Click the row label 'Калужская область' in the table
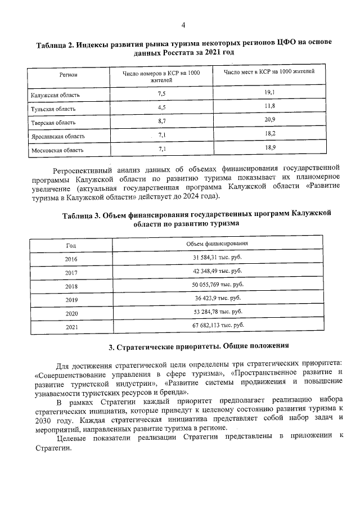(x=53, y=94)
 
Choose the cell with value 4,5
(x=161, y=107)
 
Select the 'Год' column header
(x=71, y=245)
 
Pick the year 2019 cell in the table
(x=71, y=300)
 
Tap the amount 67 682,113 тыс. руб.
(x=217, y=325)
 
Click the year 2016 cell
(x=71, y=259)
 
